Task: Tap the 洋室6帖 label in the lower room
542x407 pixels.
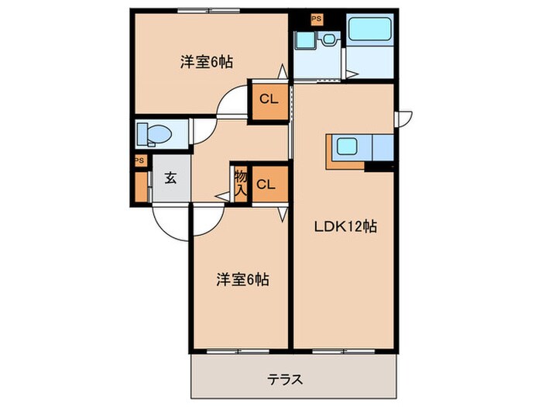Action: click(242, 280)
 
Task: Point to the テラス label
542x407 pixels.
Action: click(285, 380)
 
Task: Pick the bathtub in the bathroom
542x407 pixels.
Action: click(370, 30)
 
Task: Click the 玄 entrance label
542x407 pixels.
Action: click(170, 177)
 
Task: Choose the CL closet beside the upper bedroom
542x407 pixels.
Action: click(267, 99)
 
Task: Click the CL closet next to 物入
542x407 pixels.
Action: click(266, 185)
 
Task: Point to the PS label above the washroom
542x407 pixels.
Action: click(316, 19)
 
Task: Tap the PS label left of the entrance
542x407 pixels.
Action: click(139, 160)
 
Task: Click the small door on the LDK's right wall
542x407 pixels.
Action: click(404, 118)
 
